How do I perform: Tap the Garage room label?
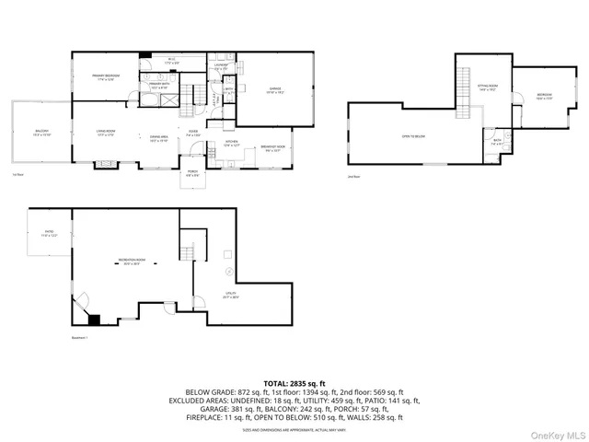coord(274,89)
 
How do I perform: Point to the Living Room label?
coord(105,133)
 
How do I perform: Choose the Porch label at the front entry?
coord(192,172)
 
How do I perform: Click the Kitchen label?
coord(232,144)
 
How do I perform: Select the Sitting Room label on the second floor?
coord(487,87)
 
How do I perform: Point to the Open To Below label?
coord(412,136)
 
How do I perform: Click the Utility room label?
coord(231,295)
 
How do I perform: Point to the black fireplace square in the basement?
coord(94,320)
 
